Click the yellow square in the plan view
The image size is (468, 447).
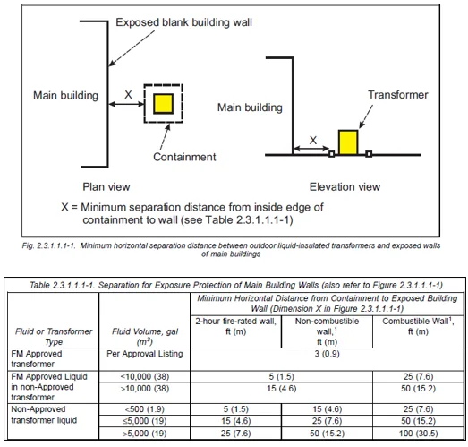[163, 103]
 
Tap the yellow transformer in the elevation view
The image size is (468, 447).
[348, 142]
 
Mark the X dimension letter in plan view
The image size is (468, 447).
[127, 92]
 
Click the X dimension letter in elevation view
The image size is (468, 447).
[311, 140]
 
